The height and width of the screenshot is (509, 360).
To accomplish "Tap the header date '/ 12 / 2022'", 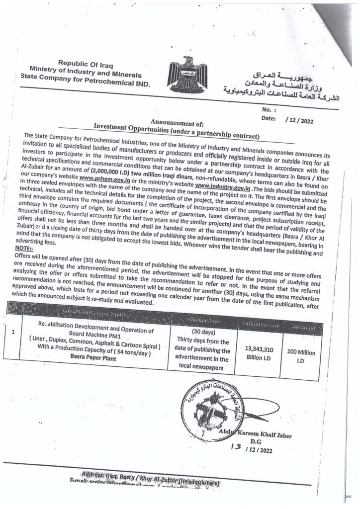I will click(x=300, y=119).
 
